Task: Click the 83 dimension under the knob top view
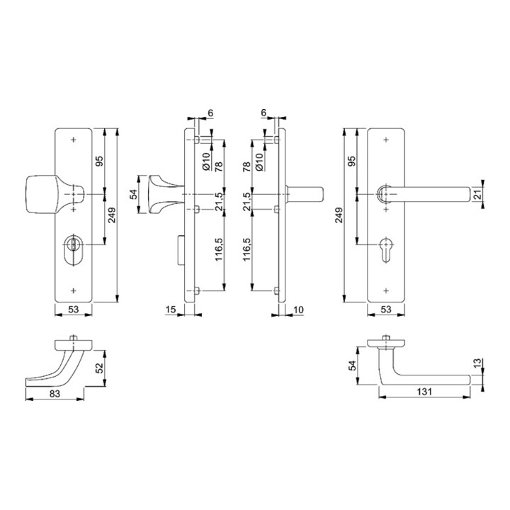click(x=55, y=394)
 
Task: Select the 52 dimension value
click(x=100, y=368)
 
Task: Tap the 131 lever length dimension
click(x=424, y=392)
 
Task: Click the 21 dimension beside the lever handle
click(x=476, y=195)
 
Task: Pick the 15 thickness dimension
click(x=171, y=310)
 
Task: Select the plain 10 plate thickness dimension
click(x=298, y=310)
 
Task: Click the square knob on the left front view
click(x=42, y=195)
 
